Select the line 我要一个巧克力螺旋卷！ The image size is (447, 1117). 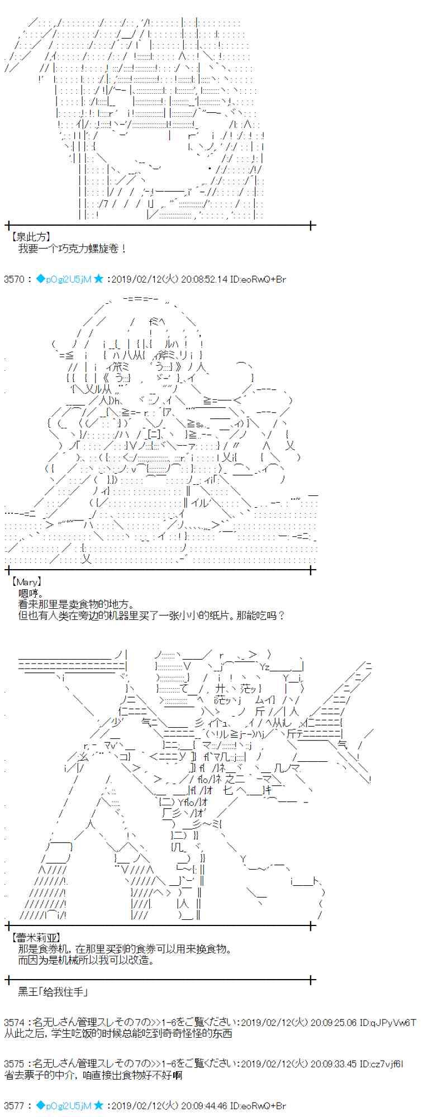click(x=73, y=249)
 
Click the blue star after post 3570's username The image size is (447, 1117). click(x=99, y=279)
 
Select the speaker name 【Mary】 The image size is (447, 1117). click(x=26, y=582)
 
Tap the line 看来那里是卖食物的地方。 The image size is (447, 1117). click(x=76, y=604)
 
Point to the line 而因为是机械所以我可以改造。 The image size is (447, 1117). click(x=85, y=960)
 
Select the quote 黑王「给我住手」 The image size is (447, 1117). click(x=53, y=991)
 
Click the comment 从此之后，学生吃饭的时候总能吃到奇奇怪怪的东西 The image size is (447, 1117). click(x=118, y=1033)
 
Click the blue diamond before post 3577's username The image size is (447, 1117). click(x=40, y=1105)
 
